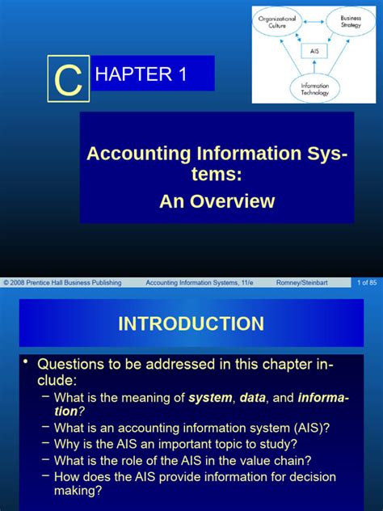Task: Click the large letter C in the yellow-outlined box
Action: point(68,78)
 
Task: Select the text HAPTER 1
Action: point(141,75)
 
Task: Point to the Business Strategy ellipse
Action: point(349,22)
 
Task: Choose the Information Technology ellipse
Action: point(314,88)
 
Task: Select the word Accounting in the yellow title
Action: point(133,154)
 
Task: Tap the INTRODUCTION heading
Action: point(191,324)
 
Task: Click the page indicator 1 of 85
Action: point(367,282)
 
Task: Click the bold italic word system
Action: point(209,397)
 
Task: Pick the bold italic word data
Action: point(256,397)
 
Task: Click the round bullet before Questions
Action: point(27,361)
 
